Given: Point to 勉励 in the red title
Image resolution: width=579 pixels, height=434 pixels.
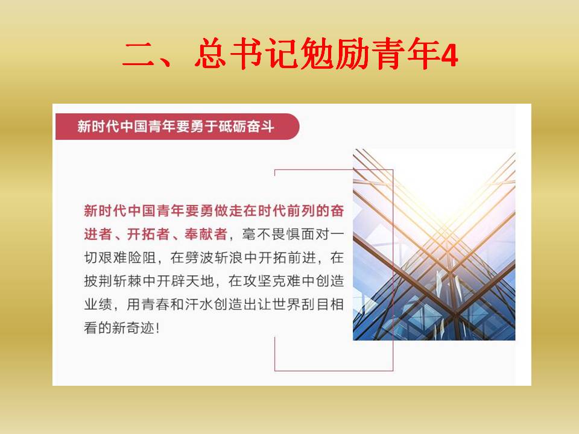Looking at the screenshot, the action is pyautogui.click(x=335, y=54).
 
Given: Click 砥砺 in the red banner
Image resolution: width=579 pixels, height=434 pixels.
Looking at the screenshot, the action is pyautogui.click(x=232, y=127).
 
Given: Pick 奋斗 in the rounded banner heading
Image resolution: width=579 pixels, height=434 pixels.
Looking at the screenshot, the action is pyautogui.click(x=261, y=127).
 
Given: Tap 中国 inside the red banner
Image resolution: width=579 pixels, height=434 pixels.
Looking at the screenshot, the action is pyautogui.click(x=133, y=127).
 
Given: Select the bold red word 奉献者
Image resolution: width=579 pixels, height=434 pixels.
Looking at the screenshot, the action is pyautogui.click(x=206, y=234).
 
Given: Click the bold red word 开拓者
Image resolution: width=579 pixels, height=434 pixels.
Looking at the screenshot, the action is pyautogui.click(x=148, y=234).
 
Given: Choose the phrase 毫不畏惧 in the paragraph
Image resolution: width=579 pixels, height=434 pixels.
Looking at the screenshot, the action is pyautogui.click(x=271, y=234).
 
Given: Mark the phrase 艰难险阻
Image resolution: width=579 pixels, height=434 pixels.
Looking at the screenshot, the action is pyautogui.click(x=127, y=257).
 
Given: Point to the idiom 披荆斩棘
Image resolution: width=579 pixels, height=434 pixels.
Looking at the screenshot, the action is pyautogui.click(x=113, y=281).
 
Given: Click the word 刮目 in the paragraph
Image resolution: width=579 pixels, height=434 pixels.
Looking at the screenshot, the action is pyautogui.click(x=315, y=304).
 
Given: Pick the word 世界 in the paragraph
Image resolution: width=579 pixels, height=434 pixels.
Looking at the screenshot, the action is pyautogui.click(x=286, y=304).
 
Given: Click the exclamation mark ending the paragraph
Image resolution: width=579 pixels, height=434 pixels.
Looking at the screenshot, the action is pyautogui.click(x=158, y=328).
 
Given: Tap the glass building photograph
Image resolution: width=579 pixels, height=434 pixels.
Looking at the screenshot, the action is pyautogui.click(x=434, y=244).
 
